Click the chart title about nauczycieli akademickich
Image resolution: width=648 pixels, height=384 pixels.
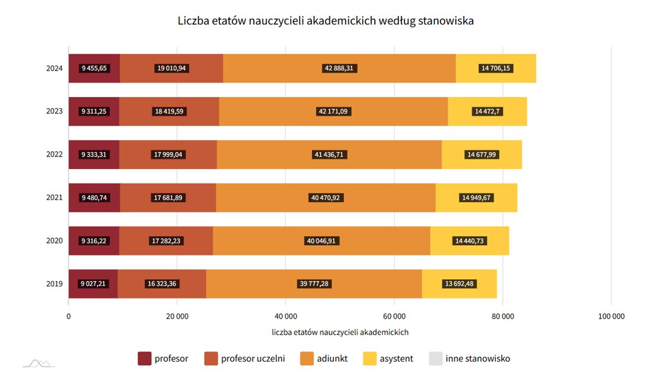325,21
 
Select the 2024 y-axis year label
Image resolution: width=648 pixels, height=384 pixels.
55,68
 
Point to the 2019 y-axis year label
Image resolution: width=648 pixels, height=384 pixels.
55,284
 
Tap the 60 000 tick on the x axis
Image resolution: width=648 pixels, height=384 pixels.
394,317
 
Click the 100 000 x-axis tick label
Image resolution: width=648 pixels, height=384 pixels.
611,317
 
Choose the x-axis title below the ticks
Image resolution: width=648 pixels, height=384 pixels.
340,332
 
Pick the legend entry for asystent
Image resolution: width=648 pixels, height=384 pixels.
388,358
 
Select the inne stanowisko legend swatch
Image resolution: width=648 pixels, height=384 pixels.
436,358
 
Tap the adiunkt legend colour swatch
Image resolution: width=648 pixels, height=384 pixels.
307,358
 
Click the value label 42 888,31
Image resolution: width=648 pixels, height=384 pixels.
339,68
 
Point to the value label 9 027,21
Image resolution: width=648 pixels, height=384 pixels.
93,284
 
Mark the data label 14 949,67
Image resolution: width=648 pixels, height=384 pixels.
477,198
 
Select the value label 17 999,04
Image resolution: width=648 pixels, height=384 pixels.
168,155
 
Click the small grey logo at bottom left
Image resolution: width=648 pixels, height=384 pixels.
39,363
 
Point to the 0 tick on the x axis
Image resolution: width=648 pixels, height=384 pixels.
68,317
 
